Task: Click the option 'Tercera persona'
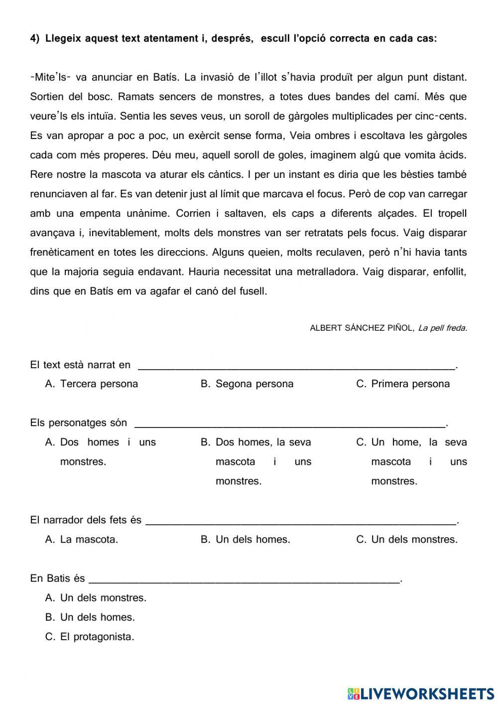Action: [99, 384]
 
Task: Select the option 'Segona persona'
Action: [254, 384]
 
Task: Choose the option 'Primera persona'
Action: [410, 384]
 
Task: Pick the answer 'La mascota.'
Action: [89, 539]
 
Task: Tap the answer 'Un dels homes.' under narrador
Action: [252, 539]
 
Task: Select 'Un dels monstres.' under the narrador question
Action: [414, 539]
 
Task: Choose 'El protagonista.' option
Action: [97, 636]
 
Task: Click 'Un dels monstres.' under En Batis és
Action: [103, 597]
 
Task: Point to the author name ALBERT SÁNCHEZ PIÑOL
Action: [362, 328]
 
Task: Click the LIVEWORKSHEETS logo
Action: [421, 693]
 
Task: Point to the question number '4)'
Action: [35, 38]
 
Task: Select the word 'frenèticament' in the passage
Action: [62, 252]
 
